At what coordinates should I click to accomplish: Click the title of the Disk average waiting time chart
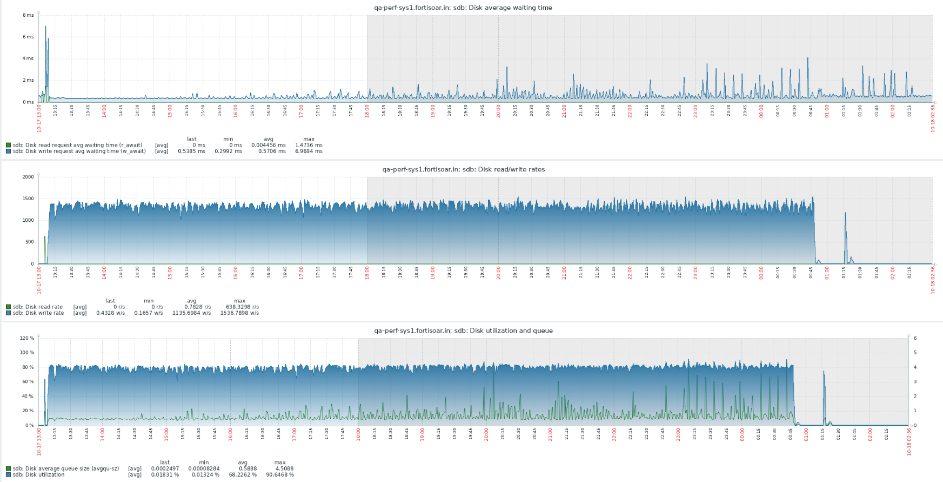tap(463, 8)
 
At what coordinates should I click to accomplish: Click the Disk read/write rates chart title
tap(463, 169)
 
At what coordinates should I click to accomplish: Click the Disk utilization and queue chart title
tap(463, 331)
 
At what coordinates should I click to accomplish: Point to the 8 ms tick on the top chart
tap(28, 15)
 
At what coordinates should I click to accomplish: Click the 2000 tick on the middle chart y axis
tap(28, 177)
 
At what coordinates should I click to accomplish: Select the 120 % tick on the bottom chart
tap(27, 338)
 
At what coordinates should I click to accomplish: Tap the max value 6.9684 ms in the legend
tap(309, 151)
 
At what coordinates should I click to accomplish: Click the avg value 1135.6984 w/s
tap(191, 313)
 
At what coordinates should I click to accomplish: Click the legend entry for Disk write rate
tap(38, 313)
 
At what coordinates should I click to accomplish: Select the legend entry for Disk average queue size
tap(65, 468)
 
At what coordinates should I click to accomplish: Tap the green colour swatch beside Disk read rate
tap(8, 307)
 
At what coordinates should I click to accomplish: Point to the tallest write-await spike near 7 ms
tap(45, 27)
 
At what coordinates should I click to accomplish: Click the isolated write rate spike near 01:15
tap(845, 214)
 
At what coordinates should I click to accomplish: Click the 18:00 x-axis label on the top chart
tap(367, 111)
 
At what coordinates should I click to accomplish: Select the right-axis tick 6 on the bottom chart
tap(915, 338)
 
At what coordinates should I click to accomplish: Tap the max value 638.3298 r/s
tap(239, 307)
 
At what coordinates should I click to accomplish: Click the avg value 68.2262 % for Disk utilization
tap(243, 475)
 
